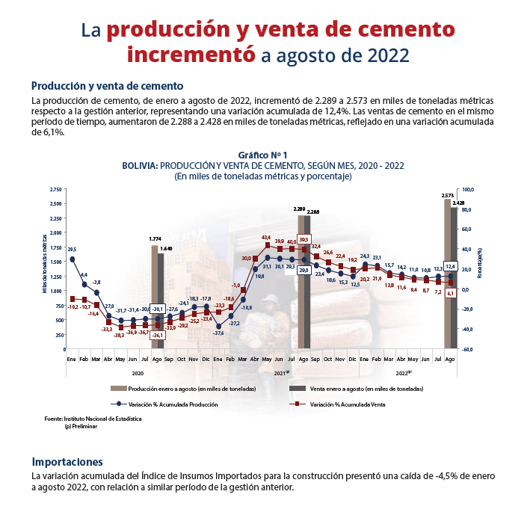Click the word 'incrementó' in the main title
(191, 55)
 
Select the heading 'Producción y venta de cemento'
(107, 85)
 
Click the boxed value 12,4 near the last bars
(450, 266)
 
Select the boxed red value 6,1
(450, 293)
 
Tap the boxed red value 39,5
(303, 239)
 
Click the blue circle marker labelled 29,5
(72, 259)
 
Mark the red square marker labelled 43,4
(268, 245)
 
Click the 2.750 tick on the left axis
(56, 189)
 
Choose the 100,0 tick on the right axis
(469, 189)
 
